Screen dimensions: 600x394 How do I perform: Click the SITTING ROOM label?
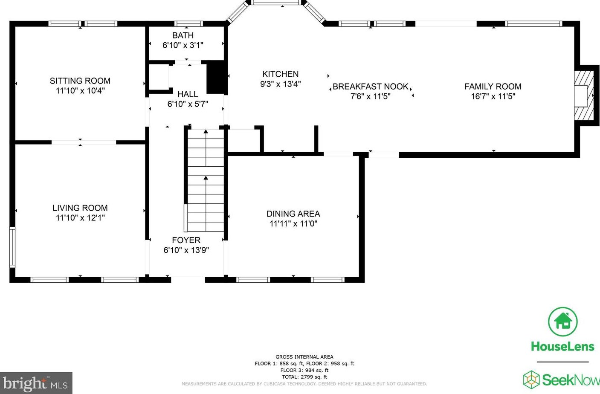coord(80,81)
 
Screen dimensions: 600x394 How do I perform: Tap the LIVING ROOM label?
coord(80,208)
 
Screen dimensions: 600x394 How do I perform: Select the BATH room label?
coord(183,35)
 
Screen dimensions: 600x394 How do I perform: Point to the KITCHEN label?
coord(281,74)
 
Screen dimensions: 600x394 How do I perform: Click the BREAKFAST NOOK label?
coord(371,87)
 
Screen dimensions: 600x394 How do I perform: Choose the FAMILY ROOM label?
coord(493,87)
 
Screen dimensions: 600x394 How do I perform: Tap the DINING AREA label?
coord(293,214)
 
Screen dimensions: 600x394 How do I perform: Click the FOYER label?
coord(186,240)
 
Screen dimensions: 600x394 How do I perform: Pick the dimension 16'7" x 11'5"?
coord(493,96)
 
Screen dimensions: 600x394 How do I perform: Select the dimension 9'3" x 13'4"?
coord(281,84)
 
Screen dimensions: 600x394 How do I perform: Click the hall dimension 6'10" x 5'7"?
coord(188,104)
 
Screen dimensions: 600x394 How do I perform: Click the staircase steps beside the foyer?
coord(206,180)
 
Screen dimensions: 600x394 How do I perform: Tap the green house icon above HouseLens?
coord(562,322)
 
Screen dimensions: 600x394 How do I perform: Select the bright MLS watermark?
coord(36,383)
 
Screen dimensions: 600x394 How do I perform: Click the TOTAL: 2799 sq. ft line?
coord(304,377)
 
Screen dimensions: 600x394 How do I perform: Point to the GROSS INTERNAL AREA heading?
coord(304,357)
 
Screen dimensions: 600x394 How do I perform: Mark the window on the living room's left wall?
coord(12,247)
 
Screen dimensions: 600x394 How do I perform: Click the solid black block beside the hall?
coord(216,77)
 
